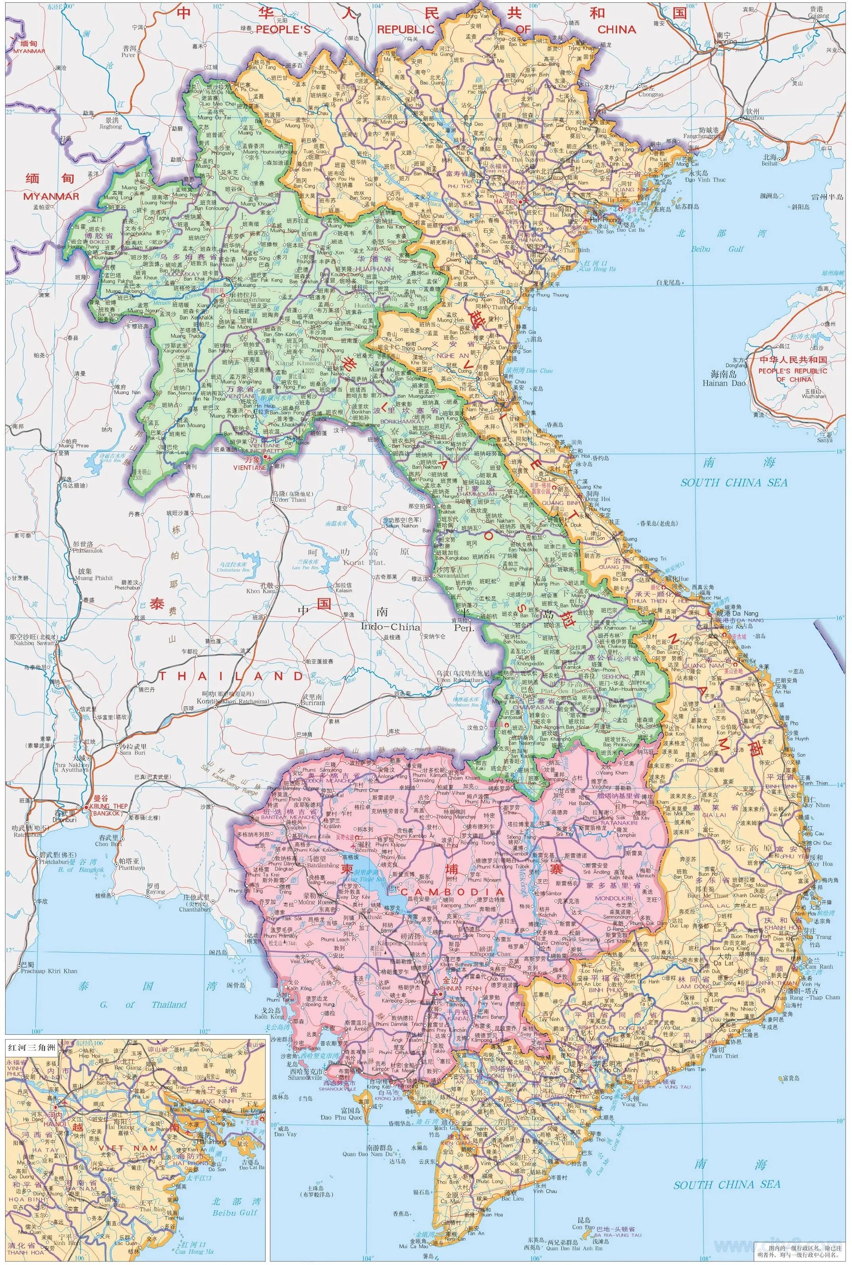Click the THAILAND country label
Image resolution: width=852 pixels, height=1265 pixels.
click(231, 676)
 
